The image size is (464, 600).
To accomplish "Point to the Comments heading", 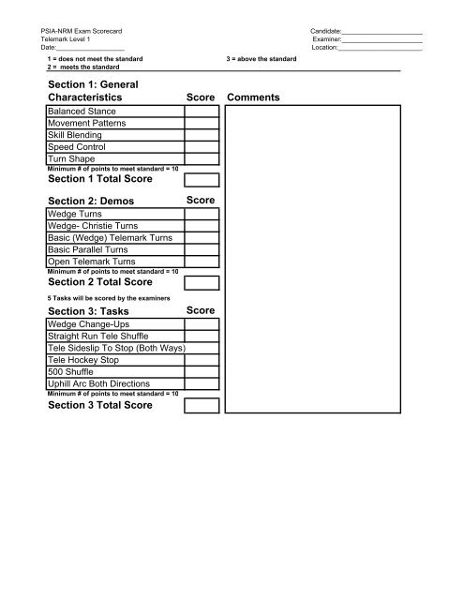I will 253,97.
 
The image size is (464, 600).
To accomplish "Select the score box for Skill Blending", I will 202,135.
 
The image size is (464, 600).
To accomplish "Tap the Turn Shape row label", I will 71,159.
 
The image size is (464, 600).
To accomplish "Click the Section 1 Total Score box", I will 202,180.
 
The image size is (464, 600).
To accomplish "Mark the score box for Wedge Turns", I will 202,215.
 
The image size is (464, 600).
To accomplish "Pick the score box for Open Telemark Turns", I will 202,263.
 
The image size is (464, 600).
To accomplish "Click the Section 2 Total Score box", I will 202,283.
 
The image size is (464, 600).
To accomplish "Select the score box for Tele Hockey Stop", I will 202,360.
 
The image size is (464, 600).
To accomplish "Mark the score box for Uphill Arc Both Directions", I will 202,384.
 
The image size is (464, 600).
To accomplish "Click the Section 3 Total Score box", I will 202,405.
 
